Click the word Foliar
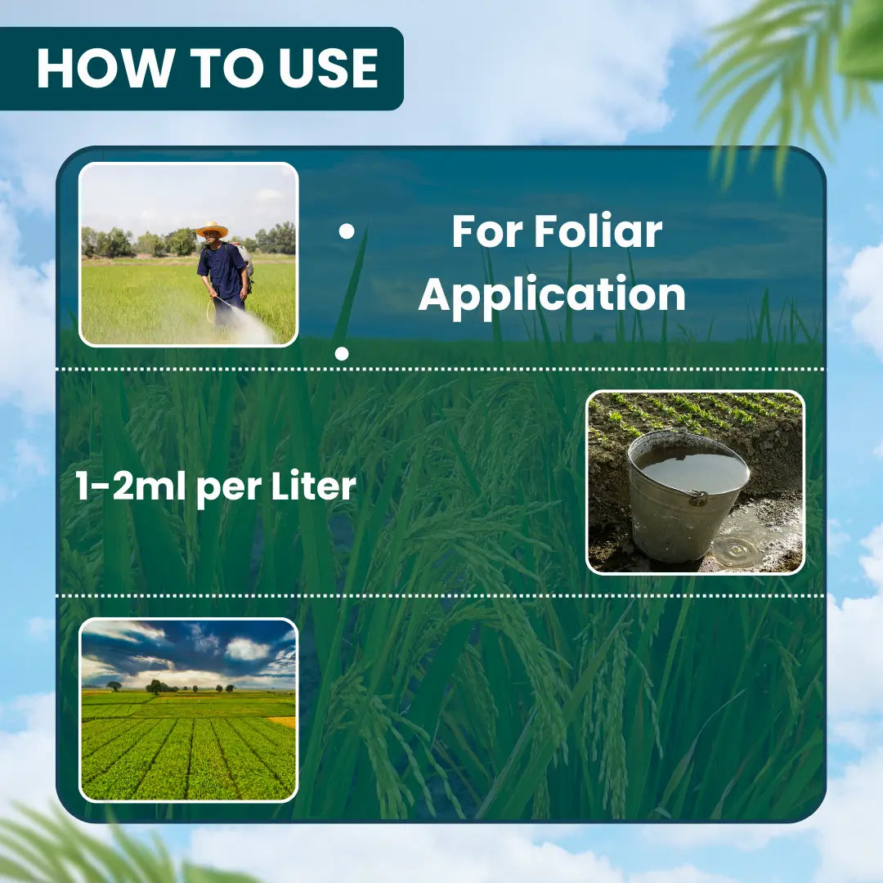click(598, 231)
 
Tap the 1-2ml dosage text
click(130, 486)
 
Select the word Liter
click(314, 486)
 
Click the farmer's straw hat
click(212, 230)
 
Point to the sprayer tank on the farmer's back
click(244, 258)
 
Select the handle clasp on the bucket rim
click(698, 497)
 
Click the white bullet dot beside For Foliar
click(347, 231)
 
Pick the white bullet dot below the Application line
click(342, 354)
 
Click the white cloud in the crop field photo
click(247, 649)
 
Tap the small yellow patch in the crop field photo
click(283, 721)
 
